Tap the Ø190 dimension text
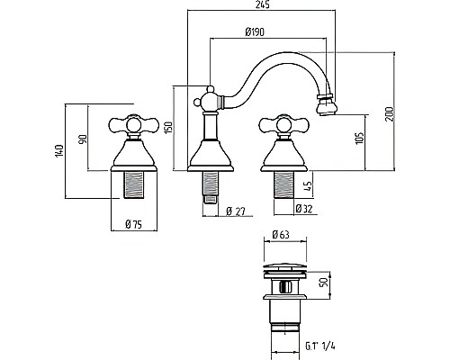255,31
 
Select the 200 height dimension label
390,114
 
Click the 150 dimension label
168,128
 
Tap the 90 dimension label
83,139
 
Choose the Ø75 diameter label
134,224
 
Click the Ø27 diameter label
236,211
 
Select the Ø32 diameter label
304,209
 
